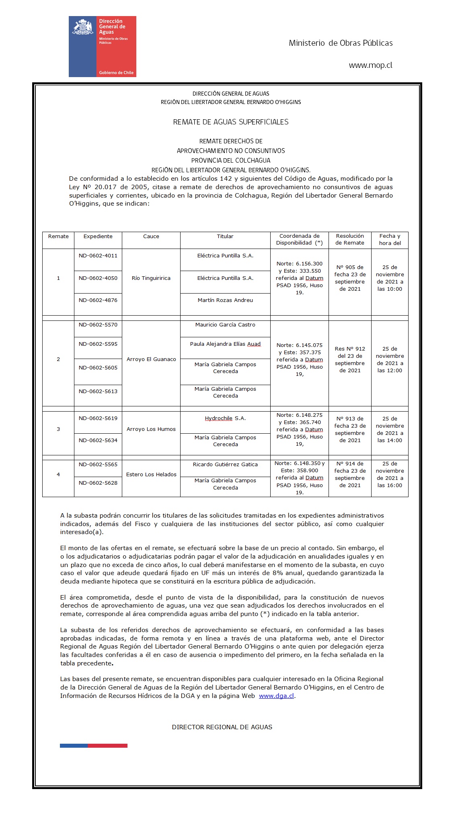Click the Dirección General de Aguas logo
(x=102, y=46)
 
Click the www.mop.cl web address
(x=370, y=65)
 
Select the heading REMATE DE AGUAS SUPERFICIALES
(x=230, y=122)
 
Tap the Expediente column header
(x=98, y=237)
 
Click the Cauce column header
(x=151, y=237)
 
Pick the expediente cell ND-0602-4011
(x=98, y=256)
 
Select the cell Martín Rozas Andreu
(x=225, y=300)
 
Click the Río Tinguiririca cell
(x=151, y=278)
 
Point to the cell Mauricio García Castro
(x=225, y=325)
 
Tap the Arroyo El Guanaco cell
(x=151, y=359)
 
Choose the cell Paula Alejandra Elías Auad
(x=225, y=344)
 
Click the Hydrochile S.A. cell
(x=225, y=418)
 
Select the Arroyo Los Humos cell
(x=151, y=429)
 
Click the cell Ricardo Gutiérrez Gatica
(x=225, y=465)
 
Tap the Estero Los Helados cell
(x=151, y=475)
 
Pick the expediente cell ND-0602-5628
(x=98, y=483)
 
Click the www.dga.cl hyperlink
(x=276, y=696)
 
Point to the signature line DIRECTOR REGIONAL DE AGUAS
(x=222, y=727)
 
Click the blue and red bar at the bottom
(x=94, y=746)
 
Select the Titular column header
(x=225, y=237)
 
